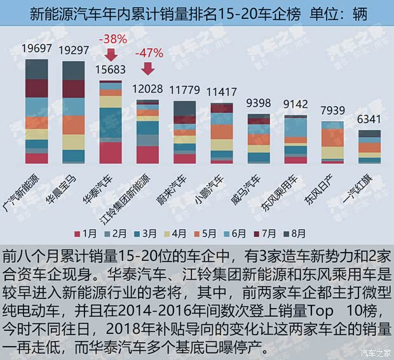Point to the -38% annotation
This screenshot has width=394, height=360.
(x=112, y=39)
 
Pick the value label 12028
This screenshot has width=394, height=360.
(x=148, y=88)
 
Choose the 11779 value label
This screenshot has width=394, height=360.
(x=186, y=90)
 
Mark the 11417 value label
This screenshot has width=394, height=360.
(x=222, y=91)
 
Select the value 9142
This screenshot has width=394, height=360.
(x=295, y=104)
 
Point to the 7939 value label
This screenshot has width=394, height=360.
(x=332, y=111)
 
